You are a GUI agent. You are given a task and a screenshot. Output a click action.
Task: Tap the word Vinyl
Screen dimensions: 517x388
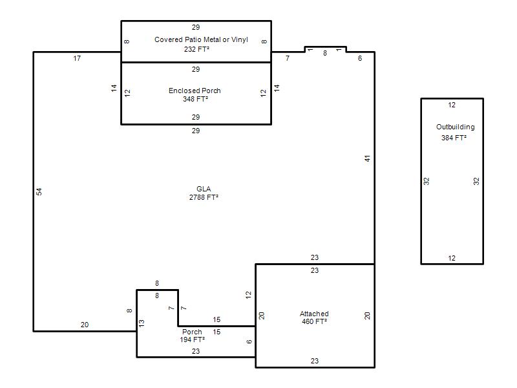click(240, 39)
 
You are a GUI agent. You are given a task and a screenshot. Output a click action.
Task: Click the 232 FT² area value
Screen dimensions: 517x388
click(196, 49)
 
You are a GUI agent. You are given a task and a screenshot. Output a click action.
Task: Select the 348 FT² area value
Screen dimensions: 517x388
click(196, 99)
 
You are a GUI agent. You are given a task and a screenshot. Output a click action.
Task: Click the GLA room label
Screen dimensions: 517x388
click(204, 189)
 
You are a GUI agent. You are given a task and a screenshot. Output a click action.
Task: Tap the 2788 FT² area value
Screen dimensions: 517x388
click(204, 197)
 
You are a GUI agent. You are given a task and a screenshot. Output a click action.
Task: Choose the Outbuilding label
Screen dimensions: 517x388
click(456, 127)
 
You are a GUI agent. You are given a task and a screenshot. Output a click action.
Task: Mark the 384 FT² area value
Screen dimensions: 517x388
click(454, 138)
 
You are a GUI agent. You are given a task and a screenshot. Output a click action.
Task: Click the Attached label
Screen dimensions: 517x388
click(314, 314)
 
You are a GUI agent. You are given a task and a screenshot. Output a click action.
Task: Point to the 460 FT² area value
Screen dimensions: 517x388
click(314, 321)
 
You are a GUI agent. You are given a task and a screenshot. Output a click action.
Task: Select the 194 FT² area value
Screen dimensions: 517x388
click(192, 339)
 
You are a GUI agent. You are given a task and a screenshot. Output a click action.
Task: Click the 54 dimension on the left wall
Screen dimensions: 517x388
click(39, 191)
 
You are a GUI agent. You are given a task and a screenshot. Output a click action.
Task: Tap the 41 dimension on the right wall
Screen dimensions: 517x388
click(367, 158)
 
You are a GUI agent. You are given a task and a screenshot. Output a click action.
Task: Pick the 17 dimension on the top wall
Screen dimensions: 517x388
click(77, 58)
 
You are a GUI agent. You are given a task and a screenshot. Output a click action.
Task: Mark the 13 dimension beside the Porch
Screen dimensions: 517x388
click(142, 323)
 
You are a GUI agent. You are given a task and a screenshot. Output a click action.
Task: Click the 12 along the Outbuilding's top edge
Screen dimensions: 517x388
click(452, 105)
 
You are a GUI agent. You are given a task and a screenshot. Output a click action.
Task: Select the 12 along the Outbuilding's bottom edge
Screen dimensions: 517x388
click(452, 258)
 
